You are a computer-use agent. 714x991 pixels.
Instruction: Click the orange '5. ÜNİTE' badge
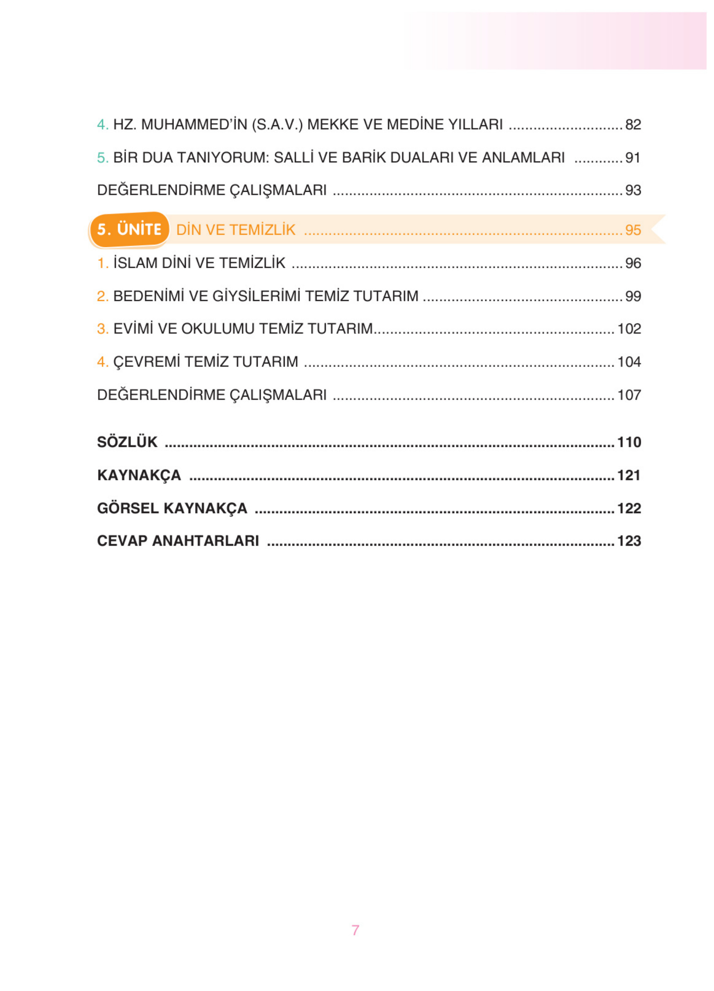129,229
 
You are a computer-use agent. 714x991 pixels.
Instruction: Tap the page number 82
633,125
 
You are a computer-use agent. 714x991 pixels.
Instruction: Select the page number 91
633,158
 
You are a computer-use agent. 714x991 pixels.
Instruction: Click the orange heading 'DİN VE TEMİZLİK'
236,230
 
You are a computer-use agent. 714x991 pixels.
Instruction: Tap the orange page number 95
633,230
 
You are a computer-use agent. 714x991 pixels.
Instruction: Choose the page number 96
633,263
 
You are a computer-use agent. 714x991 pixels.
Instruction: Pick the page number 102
629,329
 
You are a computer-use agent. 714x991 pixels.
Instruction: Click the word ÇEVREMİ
146,362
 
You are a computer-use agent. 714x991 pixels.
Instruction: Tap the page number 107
629,395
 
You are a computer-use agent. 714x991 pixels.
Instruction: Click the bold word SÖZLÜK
127,442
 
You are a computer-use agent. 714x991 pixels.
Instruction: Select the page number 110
629,442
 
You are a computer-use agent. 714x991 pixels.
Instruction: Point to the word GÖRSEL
128,508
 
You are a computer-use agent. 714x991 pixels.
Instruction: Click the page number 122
629,508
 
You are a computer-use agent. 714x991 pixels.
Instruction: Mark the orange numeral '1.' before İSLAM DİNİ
102,263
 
